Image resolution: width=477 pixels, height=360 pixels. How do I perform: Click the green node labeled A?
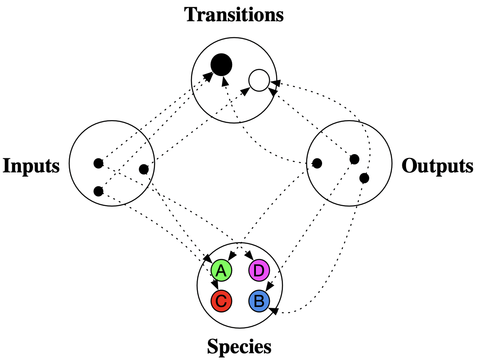click(221, 270)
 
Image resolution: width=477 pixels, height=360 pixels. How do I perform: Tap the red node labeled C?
click(221, 301)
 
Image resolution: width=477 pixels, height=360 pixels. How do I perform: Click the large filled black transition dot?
click(221, 65)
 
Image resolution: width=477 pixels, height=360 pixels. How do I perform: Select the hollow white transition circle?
click(259, 80)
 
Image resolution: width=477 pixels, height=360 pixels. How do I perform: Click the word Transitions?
click(234, 15)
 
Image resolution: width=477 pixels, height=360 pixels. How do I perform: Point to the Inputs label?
click(31, 165)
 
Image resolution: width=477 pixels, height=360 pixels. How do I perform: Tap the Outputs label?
click(437, 166)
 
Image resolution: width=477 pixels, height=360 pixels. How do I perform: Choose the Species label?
click(239, 347)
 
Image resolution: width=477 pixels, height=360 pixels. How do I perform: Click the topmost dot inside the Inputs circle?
click(98, 162)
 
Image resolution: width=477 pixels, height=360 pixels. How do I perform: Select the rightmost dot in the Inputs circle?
click(144, 169)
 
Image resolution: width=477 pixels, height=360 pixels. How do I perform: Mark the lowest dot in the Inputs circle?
click(98, 191)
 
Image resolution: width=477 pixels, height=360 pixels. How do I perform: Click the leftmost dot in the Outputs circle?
click(317, 163)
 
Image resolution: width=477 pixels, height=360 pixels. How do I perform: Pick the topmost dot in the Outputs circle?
click(354, 159)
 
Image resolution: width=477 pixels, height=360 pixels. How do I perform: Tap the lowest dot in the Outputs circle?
click(364, 178)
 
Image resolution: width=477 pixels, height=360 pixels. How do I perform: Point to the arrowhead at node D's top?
click(250, 256)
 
